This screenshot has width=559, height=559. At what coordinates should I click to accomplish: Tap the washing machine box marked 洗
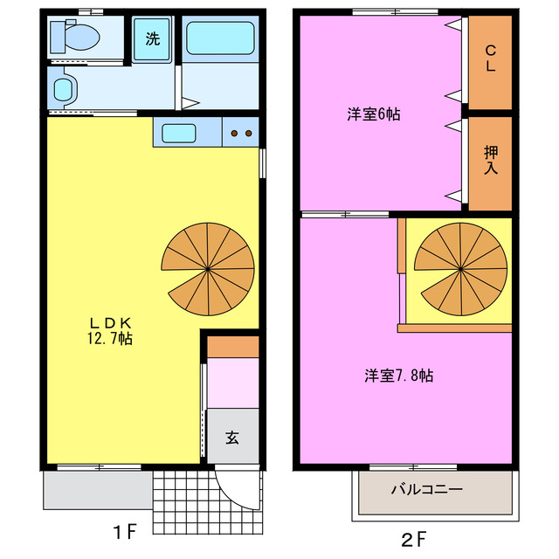[152, 38]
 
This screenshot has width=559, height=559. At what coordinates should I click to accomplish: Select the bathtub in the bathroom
[219, 39]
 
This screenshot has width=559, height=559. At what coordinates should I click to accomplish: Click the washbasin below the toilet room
[64, 89]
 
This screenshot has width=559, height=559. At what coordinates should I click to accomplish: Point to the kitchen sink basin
[178, 133]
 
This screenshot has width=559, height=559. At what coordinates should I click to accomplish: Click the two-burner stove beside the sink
[241, 133]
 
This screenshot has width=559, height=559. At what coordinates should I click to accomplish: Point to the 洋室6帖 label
[373, 114]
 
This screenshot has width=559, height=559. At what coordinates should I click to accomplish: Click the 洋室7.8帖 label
[398, 376]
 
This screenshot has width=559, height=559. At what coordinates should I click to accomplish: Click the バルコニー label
[427, 490]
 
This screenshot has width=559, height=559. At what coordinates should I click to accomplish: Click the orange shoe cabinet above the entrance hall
[233, 346]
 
